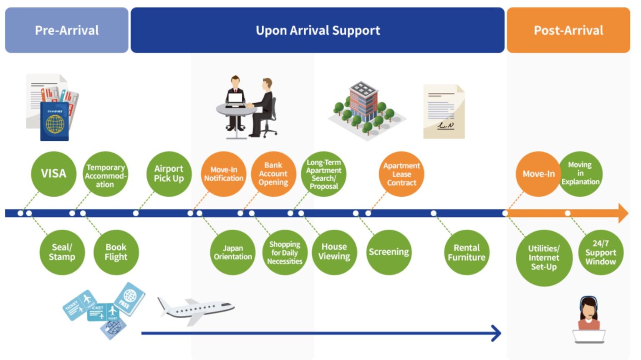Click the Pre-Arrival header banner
click(67, 30)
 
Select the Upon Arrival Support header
click(318, 30)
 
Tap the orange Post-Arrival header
click(568, 30)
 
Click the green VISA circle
click(53, 174)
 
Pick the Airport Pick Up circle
click(169, 174)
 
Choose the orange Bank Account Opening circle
click(273, 174)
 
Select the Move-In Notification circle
click(223, 174)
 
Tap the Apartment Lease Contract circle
click(401, 174)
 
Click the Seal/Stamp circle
click(62, 252)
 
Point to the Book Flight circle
click(116, 252)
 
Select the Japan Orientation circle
click(233, 252)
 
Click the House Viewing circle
click(334, 252)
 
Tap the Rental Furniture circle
click(467, 252)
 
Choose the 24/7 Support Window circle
click(601, 252)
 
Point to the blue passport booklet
click(55, 121)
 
